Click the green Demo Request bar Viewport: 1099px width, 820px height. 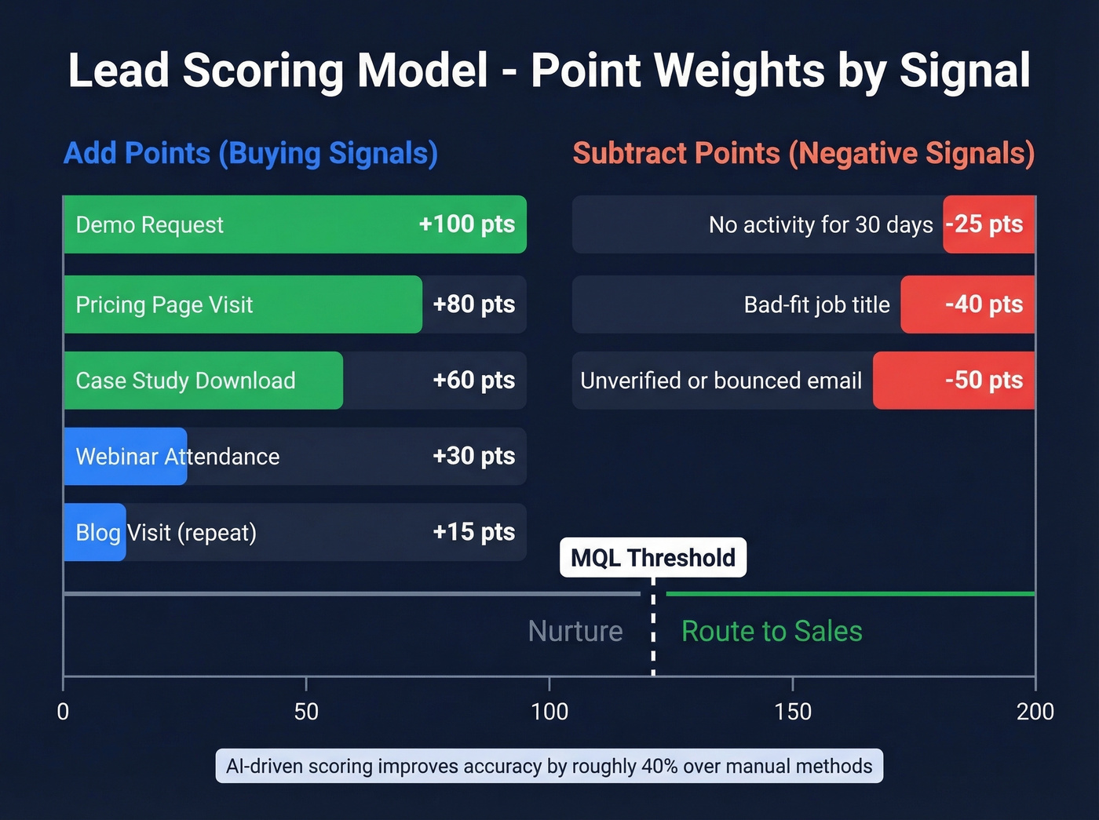294,224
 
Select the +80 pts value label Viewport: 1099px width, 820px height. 473,304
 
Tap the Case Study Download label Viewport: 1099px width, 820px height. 185,381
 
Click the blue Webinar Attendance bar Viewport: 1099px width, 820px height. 125,457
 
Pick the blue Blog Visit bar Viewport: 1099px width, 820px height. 94,532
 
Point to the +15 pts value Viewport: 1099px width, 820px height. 473,532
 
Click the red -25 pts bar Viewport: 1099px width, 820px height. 988,224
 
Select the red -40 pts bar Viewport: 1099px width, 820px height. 968,304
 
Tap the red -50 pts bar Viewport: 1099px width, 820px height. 954,381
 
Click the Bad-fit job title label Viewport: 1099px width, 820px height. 816,304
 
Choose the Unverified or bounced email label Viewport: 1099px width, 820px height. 721,381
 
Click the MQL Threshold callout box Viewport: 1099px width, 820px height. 653,558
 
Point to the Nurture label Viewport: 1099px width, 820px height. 575,631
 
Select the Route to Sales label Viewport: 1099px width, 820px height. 772,631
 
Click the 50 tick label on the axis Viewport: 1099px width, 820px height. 306,712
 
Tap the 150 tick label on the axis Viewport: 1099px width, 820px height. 793,712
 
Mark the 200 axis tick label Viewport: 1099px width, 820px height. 1035,712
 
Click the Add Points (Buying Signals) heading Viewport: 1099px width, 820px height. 250,153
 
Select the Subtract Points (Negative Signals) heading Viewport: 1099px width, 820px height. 803,153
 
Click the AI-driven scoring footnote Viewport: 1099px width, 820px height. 549,766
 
